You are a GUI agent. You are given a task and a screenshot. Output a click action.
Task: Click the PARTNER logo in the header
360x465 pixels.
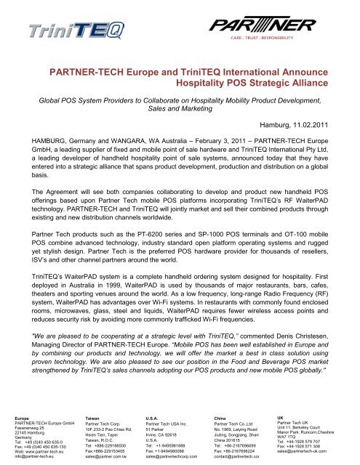[x=300, y=26]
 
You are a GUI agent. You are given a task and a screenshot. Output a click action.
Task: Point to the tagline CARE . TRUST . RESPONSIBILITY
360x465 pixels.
[x=300, y=43]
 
